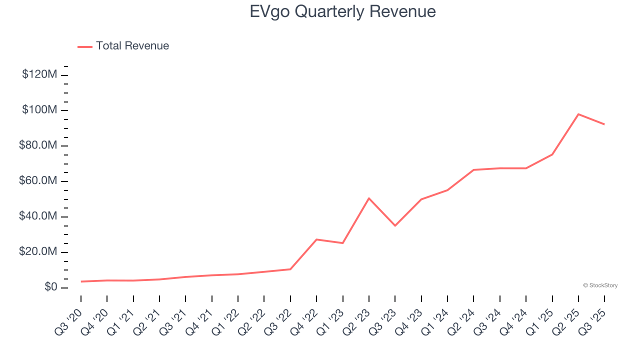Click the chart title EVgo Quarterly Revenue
coord(342,11)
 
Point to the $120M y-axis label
coord(39,75)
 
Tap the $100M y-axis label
coord(39,110)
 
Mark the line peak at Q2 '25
coord(578,114)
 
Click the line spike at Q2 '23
coord(369,198)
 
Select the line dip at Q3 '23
coord(395,225)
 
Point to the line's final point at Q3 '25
coord(604,124)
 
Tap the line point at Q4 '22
coord(316,239)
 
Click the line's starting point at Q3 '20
coord(81,281)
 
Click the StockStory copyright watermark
coord(600,285)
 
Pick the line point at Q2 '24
coord(473,170)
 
